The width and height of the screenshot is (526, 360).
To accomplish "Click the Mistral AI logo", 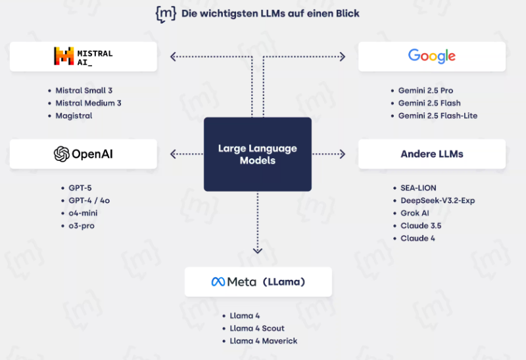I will (x=83, y=56).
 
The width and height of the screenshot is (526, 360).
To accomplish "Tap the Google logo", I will (x=432, y=56).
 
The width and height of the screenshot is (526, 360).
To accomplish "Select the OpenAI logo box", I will (x=84, y=154).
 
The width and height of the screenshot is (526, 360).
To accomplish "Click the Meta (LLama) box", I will (x=258, y=282).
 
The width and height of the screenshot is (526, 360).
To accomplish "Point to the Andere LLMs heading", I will (x=432, y=154).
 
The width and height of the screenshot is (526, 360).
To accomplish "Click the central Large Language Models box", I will (x=258, y=154).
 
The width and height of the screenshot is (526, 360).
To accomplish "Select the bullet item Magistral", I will (x=74, y=116).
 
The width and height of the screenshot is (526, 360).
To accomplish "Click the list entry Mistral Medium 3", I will (x=88, y=103).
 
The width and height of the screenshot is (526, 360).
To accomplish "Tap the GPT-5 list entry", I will (x=80, y=188).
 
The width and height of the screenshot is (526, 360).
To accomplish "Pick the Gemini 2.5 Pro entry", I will (x=425, y=91).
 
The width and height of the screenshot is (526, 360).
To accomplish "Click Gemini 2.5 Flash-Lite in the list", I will (x=437, y=116).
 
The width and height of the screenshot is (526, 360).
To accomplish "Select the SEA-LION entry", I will (x=418, y=188).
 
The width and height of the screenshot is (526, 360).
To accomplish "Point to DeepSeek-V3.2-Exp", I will (x=437, y=200).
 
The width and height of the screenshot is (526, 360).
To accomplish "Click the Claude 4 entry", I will (x=418, y=238).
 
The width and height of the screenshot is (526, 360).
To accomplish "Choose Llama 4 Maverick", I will (x=263, y=341).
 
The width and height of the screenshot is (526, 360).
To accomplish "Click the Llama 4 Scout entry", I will (x=257, y=328).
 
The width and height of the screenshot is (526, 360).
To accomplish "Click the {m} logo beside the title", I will (x=165, y=14).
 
